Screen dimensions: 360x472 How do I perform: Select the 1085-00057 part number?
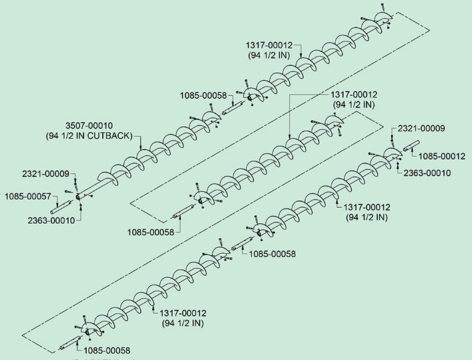coord(26,196)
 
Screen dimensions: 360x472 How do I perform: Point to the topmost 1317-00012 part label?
coord(274,45)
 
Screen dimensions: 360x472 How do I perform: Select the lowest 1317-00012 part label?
coord(184,313)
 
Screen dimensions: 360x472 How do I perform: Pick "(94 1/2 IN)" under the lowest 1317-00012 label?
coord(184,323)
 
